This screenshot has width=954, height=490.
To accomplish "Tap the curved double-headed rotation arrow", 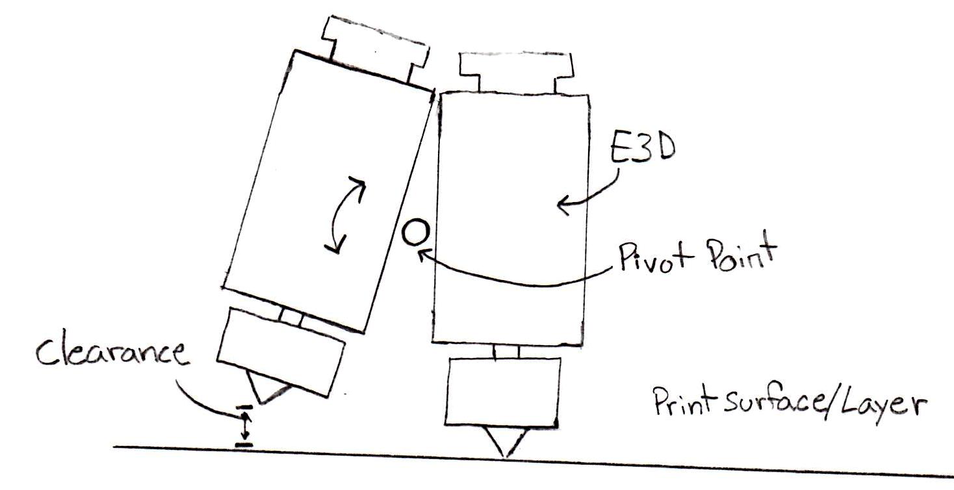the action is [x=345, y=215].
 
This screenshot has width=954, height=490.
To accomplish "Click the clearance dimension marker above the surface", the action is [x=244, y=426].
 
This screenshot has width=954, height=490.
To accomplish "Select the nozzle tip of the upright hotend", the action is [x=506, y=456].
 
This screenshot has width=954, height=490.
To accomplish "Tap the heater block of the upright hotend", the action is [x=502, y=392].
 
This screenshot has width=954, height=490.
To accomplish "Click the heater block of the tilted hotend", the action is [x=281, y=352].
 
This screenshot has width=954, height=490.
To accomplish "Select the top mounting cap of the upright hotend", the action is [x=516, y=73].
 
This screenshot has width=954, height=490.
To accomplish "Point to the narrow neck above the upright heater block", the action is [x=506, y=352].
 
